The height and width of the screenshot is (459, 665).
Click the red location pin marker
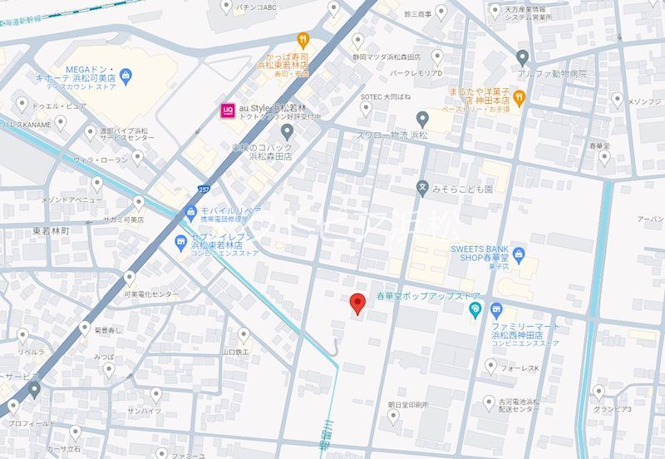click(x=357, y=304)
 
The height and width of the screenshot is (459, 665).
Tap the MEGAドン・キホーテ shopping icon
click(x=126, y=78)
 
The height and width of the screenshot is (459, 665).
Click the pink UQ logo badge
click(x=225, y=109)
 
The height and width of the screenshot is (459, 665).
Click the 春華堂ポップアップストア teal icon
click(x=475, y=311)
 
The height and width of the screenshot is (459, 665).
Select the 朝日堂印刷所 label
click(x=407, y=405)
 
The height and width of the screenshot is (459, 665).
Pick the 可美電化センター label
click(x=151, y=294)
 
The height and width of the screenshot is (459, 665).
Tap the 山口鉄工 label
click(x=235, y=352)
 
